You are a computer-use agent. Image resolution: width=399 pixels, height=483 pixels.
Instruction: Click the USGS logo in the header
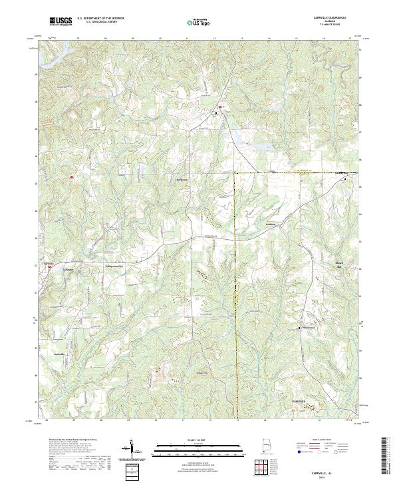[x=61, y=22]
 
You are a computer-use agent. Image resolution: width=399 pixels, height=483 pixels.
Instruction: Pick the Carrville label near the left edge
[x=48, y=264]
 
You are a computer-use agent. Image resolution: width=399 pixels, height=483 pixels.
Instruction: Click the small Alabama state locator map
[x=269, y=446]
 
